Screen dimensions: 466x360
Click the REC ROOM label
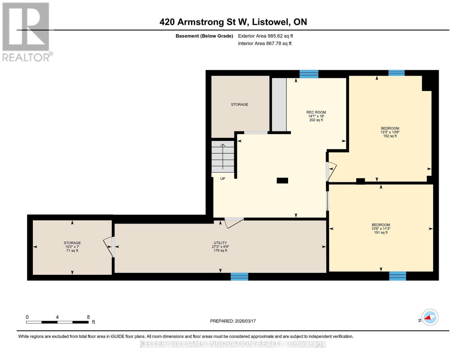(x=316, y=112)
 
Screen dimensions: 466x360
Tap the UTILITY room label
(x=220, y=243)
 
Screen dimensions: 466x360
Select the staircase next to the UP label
(x=223, y=157)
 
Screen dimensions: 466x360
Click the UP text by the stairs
(x=223, y=178)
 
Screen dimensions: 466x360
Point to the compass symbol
(x=430, y=317)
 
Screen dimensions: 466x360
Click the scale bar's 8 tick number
(x=88, y=317)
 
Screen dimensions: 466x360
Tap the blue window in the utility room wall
(x=239, y=277)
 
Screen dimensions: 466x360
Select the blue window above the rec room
(x=309, y=74)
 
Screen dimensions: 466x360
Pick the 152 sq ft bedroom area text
(x=390, y=136)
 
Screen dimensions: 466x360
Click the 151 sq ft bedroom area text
(x=381, y=232)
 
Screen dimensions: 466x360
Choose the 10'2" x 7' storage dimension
(x=72, y=247)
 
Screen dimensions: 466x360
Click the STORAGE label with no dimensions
(x=239, y=104)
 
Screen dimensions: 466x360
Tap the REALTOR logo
(x=27, y=32)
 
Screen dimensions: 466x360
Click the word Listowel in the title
(x=271, y=22)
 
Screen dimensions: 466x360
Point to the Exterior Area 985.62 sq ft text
(x=266, y=36)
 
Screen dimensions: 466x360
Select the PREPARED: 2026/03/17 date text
(x=233, y=321)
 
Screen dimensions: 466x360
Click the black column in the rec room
(x=282, y=181)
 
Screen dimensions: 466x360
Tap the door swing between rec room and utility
(x=234, y=223)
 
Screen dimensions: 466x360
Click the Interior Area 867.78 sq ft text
(x=265, y=43)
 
